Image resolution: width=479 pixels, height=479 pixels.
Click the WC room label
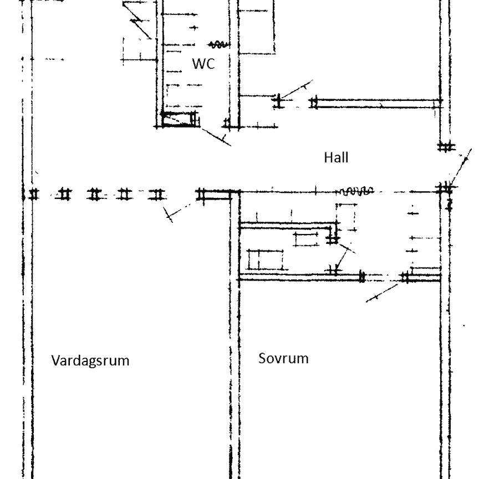tap(203, 64)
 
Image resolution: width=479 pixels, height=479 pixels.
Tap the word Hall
tap(336, 158)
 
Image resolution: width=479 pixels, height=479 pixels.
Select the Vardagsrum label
tap(90, 360)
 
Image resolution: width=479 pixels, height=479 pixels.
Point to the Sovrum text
tap(283, 358)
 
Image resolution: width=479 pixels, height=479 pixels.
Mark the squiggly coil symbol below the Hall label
tap(358, 191)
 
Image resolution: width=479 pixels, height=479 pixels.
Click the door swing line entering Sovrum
tap(383, 291)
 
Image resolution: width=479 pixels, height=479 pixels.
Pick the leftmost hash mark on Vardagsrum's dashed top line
tap(34, 194)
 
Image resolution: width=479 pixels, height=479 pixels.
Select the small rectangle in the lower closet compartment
tap(265, 259)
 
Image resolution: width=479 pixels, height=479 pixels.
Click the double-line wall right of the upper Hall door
tap(377, 102)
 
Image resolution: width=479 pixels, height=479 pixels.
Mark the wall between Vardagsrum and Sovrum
tap(233, 360)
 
